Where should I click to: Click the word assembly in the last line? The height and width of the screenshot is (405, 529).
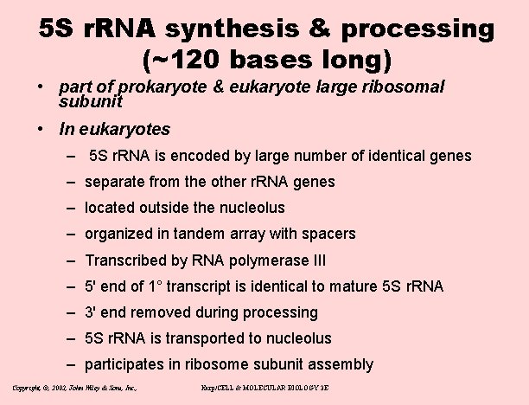coord(344,364)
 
